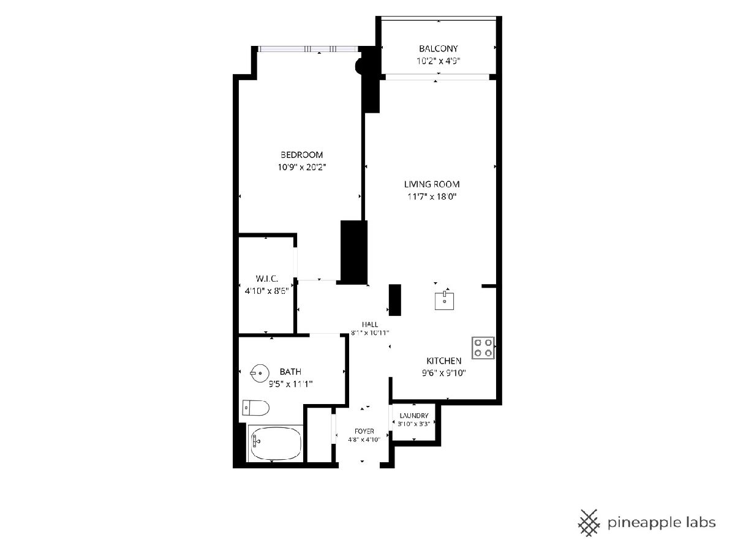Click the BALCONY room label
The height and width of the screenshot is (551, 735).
tap(439, 48)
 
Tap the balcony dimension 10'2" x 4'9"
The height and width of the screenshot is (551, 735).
tap(439, 61)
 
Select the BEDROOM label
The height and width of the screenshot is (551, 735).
tap(301, 154)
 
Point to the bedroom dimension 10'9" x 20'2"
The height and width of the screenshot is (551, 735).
tap(302, 167)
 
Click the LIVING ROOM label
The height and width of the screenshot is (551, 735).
tap(432, 184)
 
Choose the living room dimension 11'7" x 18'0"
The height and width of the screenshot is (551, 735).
tap(432, 197)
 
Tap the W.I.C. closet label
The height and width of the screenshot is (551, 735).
tap(266, 279)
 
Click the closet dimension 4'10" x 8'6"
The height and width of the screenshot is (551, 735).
tap(266, 291)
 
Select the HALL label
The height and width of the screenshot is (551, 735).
tap(370, 324)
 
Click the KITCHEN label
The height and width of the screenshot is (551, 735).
tap(443, 361)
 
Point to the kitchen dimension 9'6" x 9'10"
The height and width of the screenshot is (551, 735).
tap(443, 373)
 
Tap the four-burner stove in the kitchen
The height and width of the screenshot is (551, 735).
tap(483, 348)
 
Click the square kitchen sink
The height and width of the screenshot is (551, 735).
tap(444, 301)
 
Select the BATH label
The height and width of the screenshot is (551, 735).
tap(290, 372)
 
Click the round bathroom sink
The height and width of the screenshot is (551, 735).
tap(260, 373)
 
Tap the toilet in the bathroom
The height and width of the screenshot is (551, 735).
tap(255, 408)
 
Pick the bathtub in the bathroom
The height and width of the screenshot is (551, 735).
tap(275, 443)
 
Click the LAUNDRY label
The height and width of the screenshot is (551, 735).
tap(414, 416)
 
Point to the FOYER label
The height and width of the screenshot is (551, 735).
tap(364, 431)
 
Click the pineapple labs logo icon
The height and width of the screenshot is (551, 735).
tap(589, 523)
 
